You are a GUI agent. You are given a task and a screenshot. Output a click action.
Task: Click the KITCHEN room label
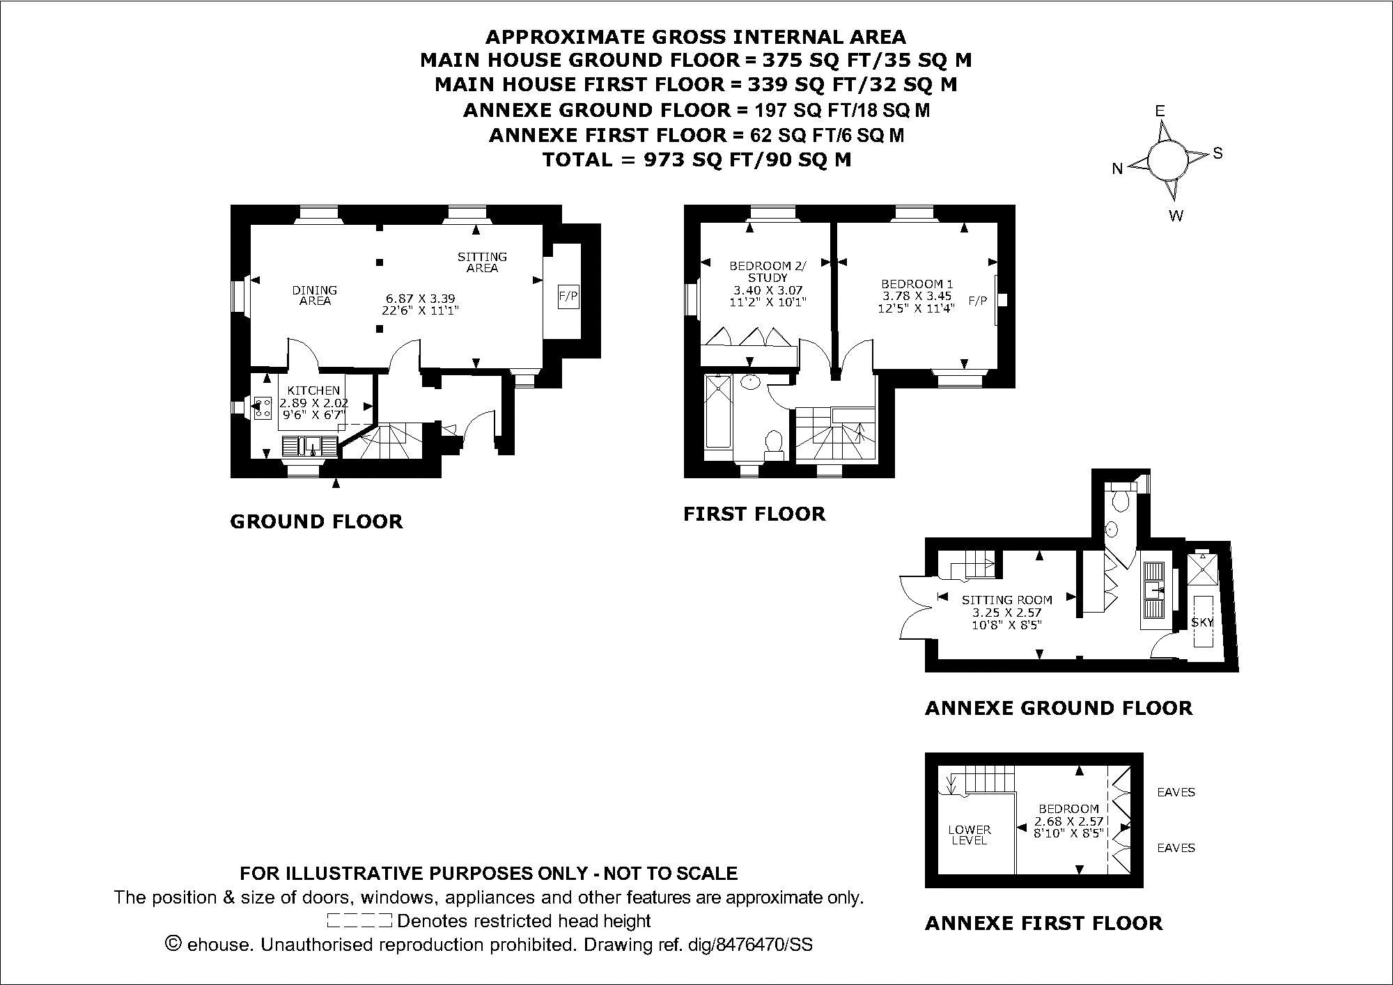point(313,391)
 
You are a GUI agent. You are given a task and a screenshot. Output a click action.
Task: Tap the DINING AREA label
point(315,295)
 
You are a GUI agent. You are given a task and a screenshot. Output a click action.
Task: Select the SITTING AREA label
point(482,262)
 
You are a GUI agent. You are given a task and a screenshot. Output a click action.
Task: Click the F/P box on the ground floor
point(568,296)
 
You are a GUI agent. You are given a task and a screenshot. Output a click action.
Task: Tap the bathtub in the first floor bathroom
point(716,411)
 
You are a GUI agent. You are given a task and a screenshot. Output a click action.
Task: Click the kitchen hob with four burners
point(263,409)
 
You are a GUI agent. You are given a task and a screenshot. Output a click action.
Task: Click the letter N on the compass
point(1117,168)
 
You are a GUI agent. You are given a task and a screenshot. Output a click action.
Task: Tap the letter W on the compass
point(1176,216)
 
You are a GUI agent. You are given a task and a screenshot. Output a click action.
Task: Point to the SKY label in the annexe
point(1202,622)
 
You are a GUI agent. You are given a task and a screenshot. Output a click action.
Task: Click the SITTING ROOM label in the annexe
point(1006,599)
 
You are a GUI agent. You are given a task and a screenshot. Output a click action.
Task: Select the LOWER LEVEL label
point(970,835)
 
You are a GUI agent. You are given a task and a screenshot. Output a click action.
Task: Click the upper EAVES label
point(1176,792)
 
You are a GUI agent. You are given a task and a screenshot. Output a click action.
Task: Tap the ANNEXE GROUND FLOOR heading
point(1058,709)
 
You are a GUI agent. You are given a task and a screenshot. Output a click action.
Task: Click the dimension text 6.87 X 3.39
point(418,299)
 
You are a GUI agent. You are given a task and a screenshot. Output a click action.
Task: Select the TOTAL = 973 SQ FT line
point(696,160)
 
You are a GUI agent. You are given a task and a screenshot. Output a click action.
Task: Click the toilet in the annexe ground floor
point(1121,497)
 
